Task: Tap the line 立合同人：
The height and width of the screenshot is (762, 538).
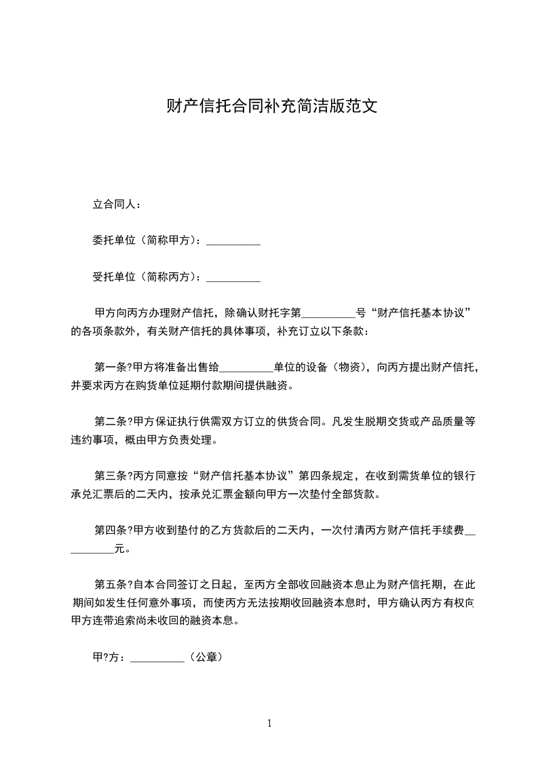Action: [x=117, y=204]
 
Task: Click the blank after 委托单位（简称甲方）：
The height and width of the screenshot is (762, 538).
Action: [x=233, y=240]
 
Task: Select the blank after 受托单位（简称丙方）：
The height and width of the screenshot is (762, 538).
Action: [x=233, y=277]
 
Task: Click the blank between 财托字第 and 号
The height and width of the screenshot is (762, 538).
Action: [x=328, y=314]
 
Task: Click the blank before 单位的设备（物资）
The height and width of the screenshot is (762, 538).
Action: [x=246, y=368]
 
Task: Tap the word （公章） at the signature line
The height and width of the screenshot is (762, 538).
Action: [x=205, y=657]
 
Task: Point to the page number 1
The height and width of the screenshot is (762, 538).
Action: [x=269, y=723]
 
